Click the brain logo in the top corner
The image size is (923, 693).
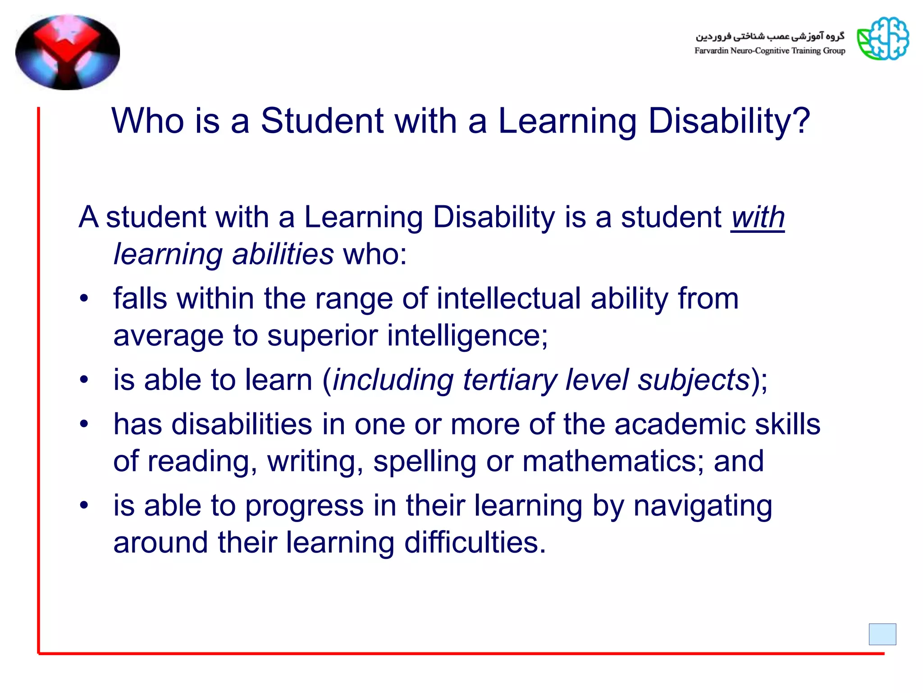pos(882,39)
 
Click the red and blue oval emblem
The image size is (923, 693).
pos(68,52)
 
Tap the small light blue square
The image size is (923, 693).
pos(882,634)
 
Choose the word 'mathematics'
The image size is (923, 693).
pos(610,461)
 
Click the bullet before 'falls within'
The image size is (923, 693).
pos(84,299)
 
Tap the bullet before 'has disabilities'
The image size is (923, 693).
pos(84,424)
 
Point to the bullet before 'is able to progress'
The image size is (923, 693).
pos(84,505)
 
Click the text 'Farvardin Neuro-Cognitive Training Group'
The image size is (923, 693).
pos(769,51)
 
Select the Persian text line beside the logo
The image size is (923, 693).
pos(769,36)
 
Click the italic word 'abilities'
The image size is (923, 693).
pos(283,254)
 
